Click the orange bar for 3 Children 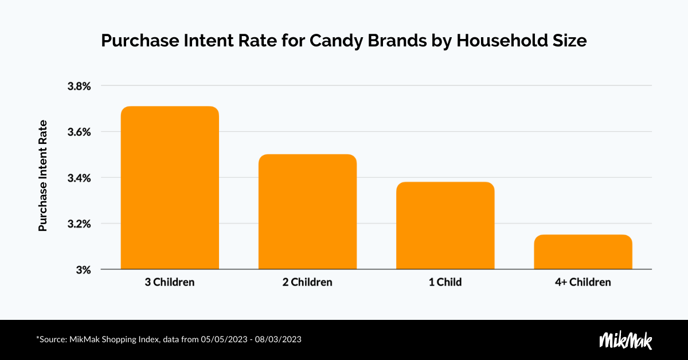click(169, 188)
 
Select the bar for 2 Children click(307, 212)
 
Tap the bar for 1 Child click(445, 226)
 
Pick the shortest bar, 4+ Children click(583, 252)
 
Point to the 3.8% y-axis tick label click(79, 87)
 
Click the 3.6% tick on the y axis click(79, 132)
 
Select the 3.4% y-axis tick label click(79, 178)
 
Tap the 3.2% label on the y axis click(79, 224)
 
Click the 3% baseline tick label click(84, 269)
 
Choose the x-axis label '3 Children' click(169, 283)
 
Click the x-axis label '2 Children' click(307, 283)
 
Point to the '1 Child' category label click(445, 283)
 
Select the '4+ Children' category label click(583, 283)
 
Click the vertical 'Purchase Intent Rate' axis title click(42, 176)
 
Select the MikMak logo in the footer click(626, 340)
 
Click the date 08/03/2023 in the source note click(279, 340)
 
